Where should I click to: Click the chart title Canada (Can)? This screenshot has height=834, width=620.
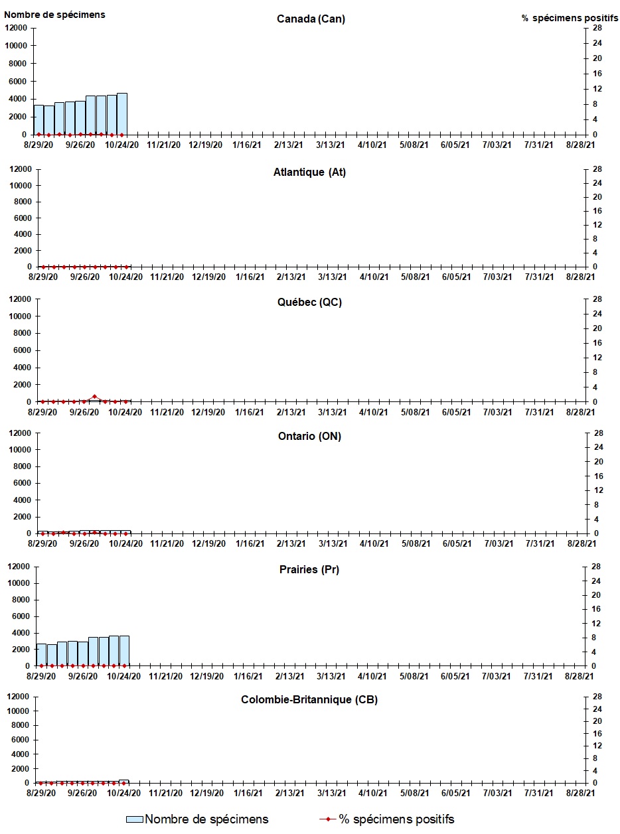point(311,19)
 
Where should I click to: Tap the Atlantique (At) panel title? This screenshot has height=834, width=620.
point(309,173)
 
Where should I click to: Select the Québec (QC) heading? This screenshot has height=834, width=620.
point(309,303)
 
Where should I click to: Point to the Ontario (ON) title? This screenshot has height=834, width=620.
point(309,436)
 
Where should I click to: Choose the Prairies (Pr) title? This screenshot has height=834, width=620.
point(309,570)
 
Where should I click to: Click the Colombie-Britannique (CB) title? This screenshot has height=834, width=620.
point(309,700)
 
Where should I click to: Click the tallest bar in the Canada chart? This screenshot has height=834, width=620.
point(122,113)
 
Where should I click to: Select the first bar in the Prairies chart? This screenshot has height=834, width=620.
point(41,655)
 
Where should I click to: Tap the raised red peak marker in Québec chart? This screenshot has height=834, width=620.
point(94,396)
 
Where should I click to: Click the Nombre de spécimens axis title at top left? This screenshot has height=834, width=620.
point(54,15)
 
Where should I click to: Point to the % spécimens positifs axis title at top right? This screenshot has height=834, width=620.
point(570,18)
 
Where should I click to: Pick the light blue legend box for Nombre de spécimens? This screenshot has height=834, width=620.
point(135,819)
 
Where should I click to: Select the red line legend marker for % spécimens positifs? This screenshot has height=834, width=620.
point(328,819)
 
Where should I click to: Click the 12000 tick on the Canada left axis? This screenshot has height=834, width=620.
point(16,28)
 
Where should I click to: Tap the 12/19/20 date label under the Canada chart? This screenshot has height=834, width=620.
point(205,145)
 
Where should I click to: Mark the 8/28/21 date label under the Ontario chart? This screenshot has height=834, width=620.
point(581,543)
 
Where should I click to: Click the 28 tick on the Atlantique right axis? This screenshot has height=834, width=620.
point(597,169)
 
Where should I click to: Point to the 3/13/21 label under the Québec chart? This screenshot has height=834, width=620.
point(332,412)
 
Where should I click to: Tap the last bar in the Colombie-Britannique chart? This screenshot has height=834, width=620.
point(123,782)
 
